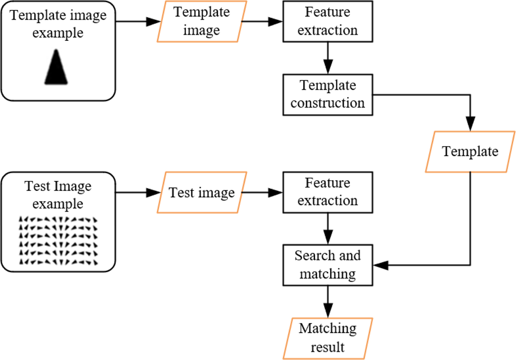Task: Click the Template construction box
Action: click(328, 94)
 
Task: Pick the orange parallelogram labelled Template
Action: click(470, 152)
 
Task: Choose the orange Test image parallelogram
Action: click(201, 192)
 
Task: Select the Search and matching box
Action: click(328, 265)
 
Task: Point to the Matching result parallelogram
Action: click(328, 338)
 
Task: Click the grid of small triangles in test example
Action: click(58, 241)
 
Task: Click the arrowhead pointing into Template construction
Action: click(328, 67)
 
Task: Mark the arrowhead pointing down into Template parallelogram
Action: click(470, 124)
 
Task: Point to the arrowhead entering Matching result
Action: click(328, 311)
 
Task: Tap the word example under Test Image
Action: click(58, 203)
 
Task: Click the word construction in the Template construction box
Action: click(328, 103)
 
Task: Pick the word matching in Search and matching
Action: click(328, 274)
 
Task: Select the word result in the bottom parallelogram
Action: click(328, 347)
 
